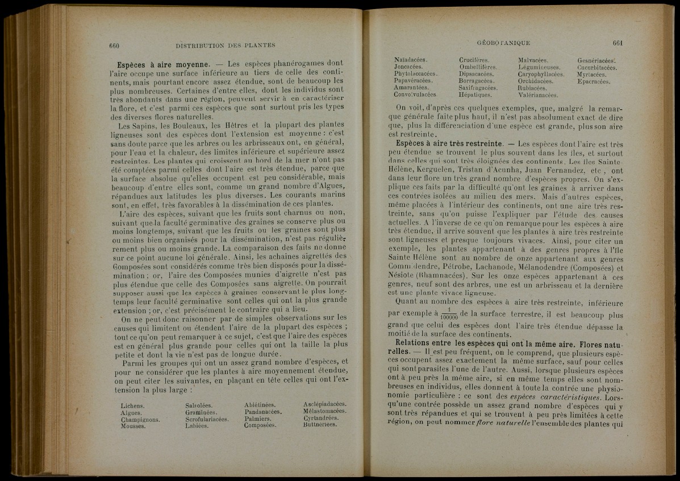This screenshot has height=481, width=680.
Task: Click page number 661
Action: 619,43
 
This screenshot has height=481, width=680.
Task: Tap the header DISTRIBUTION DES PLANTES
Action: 226,45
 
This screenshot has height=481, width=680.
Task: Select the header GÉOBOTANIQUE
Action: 504,43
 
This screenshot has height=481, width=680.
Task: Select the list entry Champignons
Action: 140,420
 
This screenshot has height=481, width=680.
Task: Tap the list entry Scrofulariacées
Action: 207,419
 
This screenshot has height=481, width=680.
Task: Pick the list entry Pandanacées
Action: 263,411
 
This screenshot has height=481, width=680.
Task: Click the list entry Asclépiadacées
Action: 325,404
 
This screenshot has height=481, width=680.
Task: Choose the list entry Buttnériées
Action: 321,424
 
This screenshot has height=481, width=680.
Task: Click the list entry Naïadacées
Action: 411,60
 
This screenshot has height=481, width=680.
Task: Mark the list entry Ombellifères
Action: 478,67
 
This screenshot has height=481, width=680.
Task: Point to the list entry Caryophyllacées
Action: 541,74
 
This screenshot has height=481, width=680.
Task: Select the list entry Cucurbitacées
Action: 597,67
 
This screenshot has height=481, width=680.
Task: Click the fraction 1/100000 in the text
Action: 449,313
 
